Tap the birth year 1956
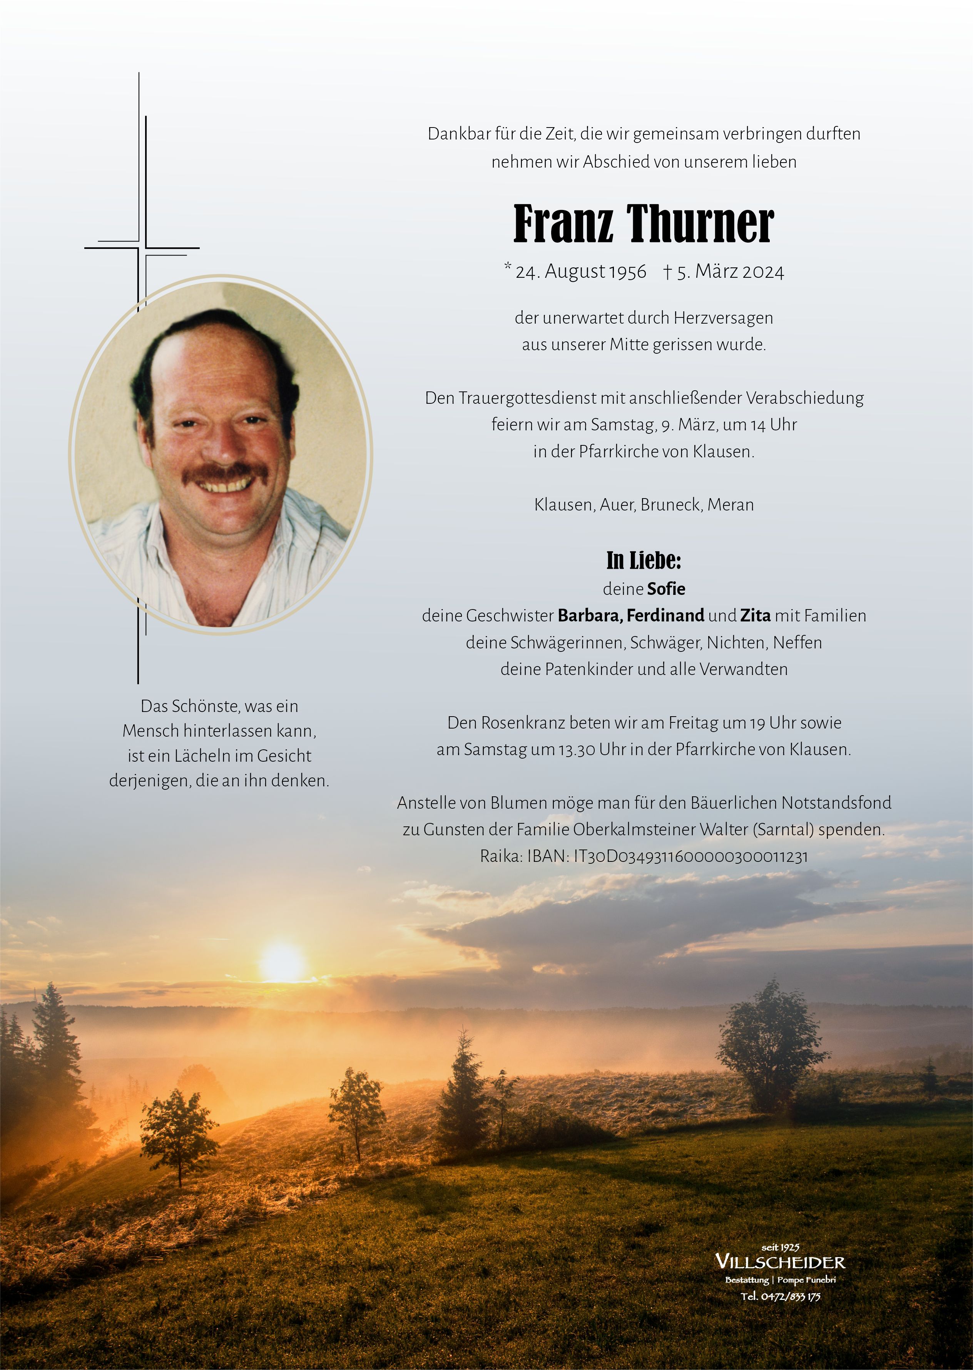(x=627, y=272)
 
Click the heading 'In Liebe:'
(x=644, y=561)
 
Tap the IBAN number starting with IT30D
(x=691, y=856)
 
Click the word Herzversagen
(x=723, y=318)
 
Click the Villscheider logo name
(x=780, y=1262)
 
